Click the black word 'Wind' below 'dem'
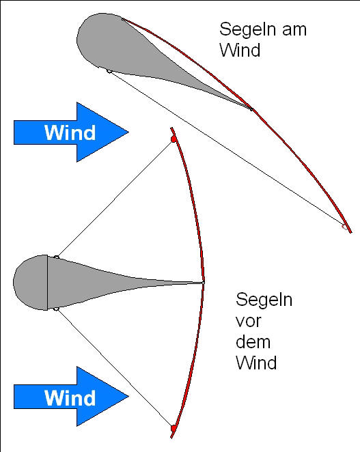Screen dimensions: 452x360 [x=256, y=362]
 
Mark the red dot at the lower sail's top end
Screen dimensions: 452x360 [x=174, y=139]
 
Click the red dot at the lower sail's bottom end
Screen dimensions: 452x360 [x=174, y=427]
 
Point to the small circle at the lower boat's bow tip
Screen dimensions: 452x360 [x=203, y=282]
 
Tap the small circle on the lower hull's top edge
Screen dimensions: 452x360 [x=56, y=257]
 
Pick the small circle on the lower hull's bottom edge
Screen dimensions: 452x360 [x=56, y=309]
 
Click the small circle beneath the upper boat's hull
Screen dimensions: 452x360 [x=109, y=70]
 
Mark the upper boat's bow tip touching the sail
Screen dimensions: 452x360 [x=251, y=109]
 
